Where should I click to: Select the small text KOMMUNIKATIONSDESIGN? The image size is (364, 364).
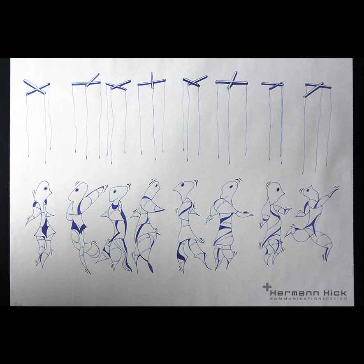[x=308, y=299]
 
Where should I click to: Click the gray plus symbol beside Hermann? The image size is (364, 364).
[x=267, y=287]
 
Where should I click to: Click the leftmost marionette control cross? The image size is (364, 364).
[x=37, y=87]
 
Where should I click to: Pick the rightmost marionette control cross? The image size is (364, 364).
[x=318, y=89]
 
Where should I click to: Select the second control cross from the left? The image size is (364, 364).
[x=86, y=81]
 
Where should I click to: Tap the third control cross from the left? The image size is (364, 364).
[x=118, y=85]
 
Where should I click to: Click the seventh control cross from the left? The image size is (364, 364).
[x=272, y=85]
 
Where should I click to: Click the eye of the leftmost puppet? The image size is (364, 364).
[x=46, y=188]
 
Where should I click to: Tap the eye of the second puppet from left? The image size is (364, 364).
[x=77, y=190]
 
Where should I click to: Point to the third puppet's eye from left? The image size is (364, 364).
[x=115, y=192]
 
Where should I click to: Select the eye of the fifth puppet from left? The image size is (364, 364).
[x=183, y=185]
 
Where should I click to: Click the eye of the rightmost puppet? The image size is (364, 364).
[x=308, y=191]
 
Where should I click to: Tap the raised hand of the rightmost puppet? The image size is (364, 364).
[x=334, y=189]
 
